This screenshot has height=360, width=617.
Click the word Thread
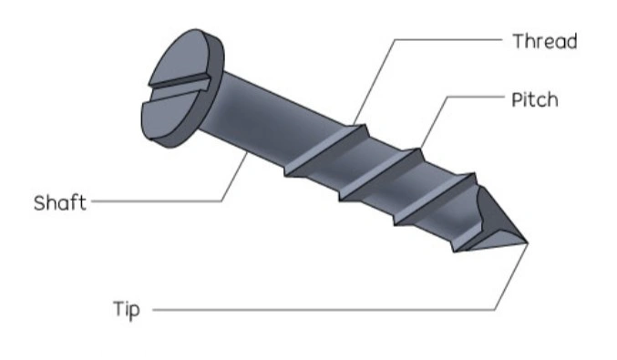pyautogui.click(x=544, y=41)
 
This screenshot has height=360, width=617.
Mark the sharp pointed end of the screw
pyautogui.click(x=527, y=242)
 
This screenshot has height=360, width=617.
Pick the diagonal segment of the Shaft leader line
pyautogui.click(x=235, y=178)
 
